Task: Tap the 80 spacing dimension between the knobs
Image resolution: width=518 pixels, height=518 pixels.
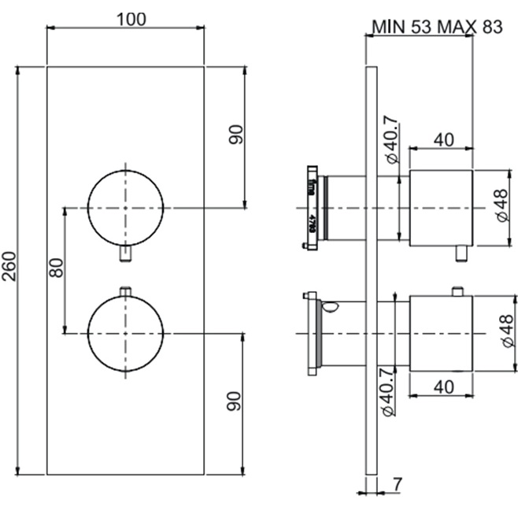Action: coord(55,270)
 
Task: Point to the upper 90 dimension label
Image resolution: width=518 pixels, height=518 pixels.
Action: coord(235,135)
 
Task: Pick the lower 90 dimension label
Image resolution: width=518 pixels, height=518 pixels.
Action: coord(234,404)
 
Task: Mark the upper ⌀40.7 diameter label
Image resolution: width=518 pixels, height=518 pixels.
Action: coord(393,139)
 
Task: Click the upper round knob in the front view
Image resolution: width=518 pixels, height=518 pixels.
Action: coord(125,207)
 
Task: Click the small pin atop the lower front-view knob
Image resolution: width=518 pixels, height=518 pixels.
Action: coord(125,291)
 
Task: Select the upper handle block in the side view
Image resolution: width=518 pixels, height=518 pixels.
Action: coord(440,207)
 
